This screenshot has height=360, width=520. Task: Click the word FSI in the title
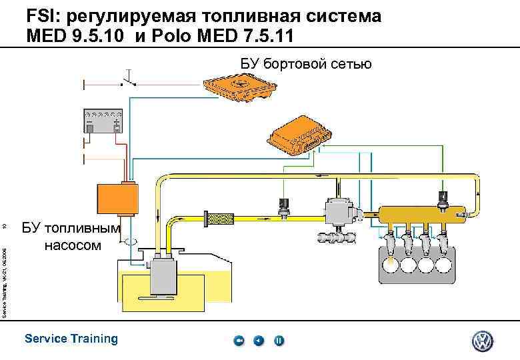pyautogui.click(x=41, y=16)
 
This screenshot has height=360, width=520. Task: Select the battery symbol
pyautogui.click(x=102, y=122)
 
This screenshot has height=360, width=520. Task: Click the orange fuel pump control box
pyautogui.click(x=117, y=197)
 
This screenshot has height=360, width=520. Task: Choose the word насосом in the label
pyautogui.click(x=73, y=245)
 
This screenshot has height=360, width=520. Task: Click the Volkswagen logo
pyautogui.click(x=481, y=341)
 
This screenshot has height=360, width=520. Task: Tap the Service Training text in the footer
pyautogui.click(x=71, y=339)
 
